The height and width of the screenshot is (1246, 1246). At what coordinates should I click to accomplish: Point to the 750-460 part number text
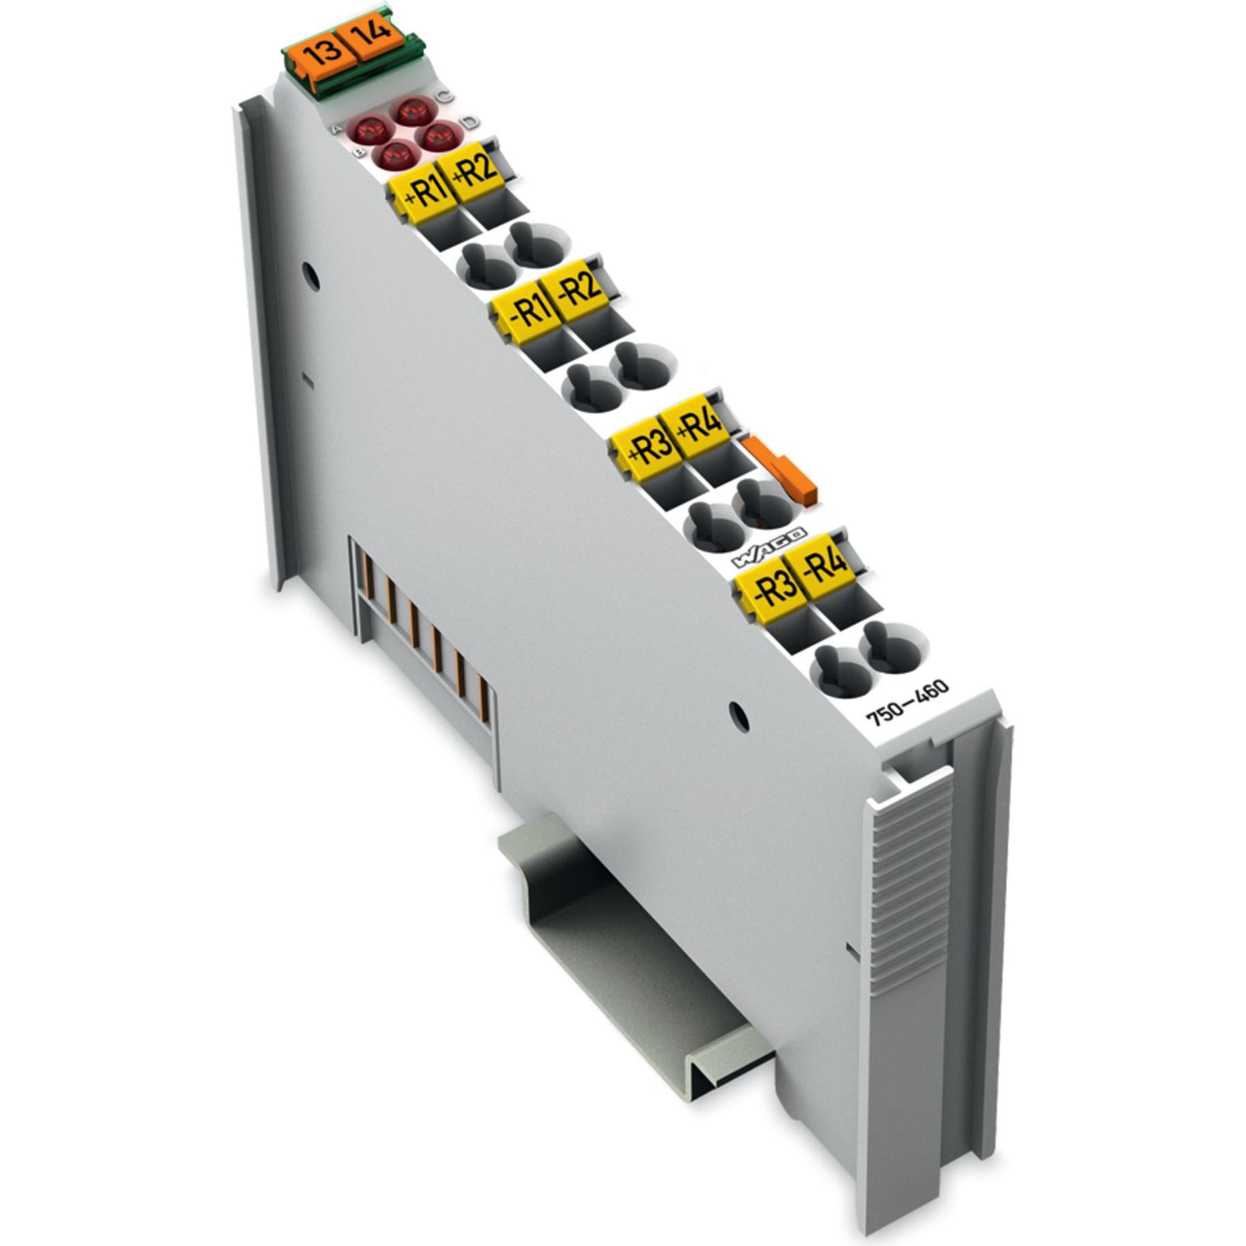click(906, 704)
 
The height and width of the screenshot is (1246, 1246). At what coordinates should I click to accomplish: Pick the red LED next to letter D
click(440, 136)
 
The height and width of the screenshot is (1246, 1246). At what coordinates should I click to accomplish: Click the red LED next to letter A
click(370, 129)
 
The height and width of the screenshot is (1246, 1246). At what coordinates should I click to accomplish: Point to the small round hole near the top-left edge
click(310, 275)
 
